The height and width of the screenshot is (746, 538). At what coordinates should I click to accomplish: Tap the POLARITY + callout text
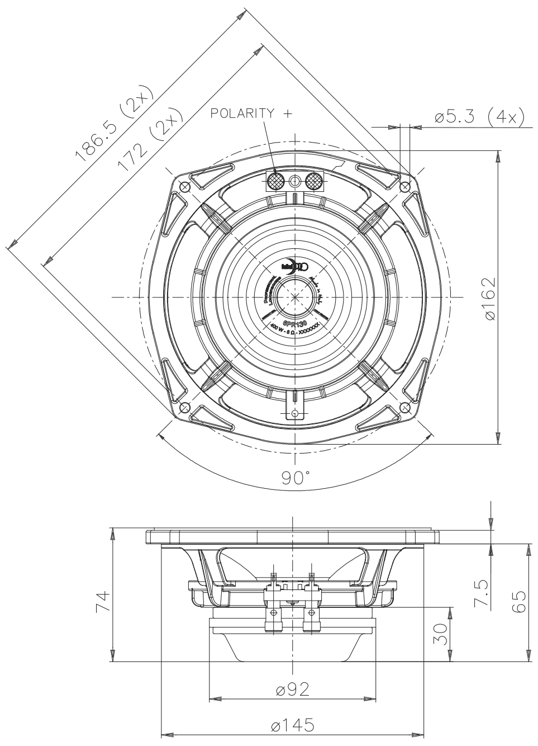tap(251, 114)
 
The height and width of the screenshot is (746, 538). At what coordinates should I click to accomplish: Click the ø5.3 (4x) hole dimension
tap(478, 117)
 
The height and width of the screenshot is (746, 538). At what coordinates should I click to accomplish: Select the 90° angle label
tap(295, 478)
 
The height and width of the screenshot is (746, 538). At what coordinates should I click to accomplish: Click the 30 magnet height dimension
tap(441, 634)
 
